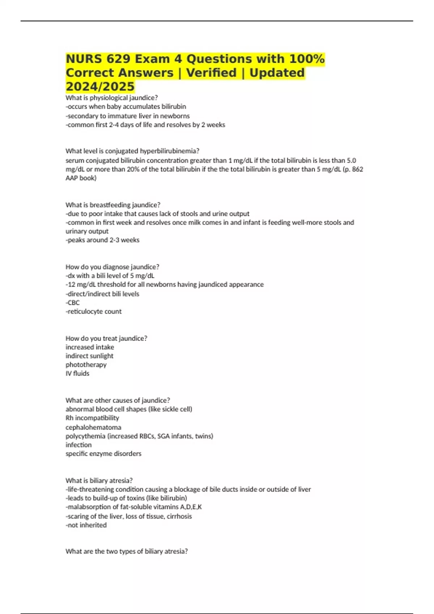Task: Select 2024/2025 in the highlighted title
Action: click(x=100, y=87)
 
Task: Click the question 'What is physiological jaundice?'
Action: click(x=111, y=98)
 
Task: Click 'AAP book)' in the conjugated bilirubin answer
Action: click(x=81, y=178)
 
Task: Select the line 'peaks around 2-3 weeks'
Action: click(x=102, y=240)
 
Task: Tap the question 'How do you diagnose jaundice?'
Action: click(x=112, y=267)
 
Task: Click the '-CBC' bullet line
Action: click(x=72, y=303)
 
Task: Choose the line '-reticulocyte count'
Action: click(x=93, y=311)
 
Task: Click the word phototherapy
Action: click(x=86, y=365)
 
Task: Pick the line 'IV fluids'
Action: click(x=77, y=373)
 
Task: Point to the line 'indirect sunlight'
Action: click(x=89, y=356)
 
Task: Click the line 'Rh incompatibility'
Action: click(x=92, y=418)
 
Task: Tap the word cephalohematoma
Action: click(x=93, y=427)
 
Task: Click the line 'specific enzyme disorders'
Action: click(x=103, y=454)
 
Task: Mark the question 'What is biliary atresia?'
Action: click(x=99, y=481)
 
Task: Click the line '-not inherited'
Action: click(x=86, y=525)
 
